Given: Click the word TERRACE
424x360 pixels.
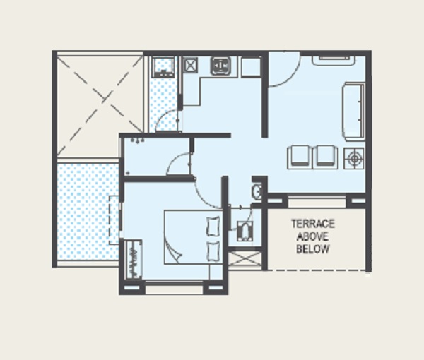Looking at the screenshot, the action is click(x=313, y=224).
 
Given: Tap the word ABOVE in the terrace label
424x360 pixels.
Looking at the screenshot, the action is click(x=312, y=236).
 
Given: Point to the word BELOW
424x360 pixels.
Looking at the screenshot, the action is click(x=313, y=248).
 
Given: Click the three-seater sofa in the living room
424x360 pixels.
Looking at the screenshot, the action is click(x=354, y=112).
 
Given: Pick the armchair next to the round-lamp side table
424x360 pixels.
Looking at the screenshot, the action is click(x=325, y=157).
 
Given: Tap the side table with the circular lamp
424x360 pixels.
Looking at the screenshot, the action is click(x=354, y=159).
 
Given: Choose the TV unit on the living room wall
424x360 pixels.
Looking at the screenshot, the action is click(x=334, y=60).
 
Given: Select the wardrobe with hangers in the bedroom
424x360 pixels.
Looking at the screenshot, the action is click(x=134, y=259).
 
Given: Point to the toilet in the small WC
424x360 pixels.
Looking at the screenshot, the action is click(x=245, y=231).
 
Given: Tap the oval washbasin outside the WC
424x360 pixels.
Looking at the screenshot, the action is click(x=257, y=191).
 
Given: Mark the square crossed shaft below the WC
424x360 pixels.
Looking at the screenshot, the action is click(x=245, y=258).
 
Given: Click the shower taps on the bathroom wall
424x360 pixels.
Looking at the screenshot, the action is click(x=137, y=140).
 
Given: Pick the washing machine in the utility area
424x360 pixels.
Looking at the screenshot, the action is click(x=163, y=67).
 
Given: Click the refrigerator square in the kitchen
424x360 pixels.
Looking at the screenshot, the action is click(x=251, y=67).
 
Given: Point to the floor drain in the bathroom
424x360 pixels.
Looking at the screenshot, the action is click(x=128, y=173).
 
